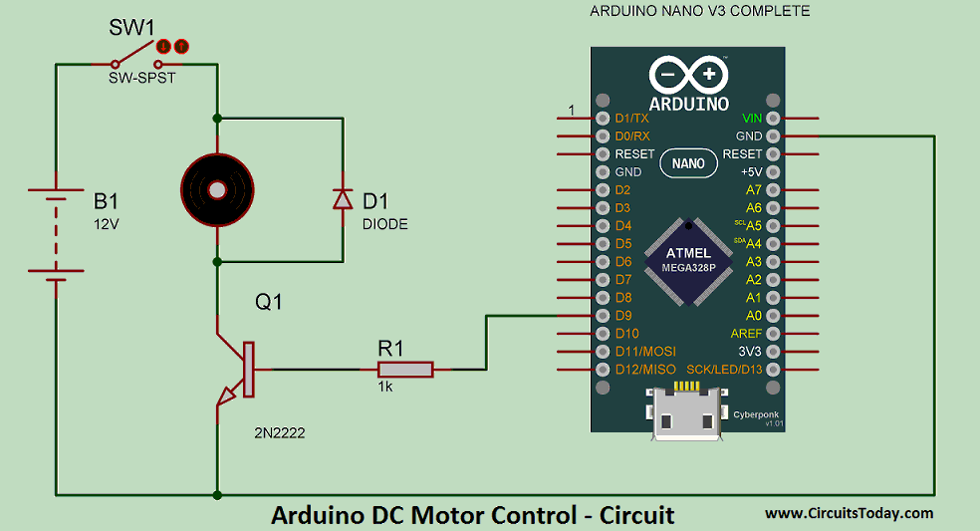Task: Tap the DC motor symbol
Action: pos(216,188)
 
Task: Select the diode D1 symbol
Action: pos(343,199)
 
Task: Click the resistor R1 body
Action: pos(404,370)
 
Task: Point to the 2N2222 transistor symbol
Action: pos(239,370)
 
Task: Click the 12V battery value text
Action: pos(107,224)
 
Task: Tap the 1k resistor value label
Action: pos(385,387)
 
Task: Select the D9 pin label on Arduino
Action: pos(622,316)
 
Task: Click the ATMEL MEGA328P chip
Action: pos(688,261)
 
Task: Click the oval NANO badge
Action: pos(688,163)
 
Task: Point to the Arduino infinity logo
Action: pos(688,75)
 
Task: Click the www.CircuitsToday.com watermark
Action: pos(849,514)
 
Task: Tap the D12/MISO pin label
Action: pos(645,370)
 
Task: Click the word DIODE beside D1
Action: pos(385,224)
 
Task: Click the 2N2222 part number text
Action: pos(280,435)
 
